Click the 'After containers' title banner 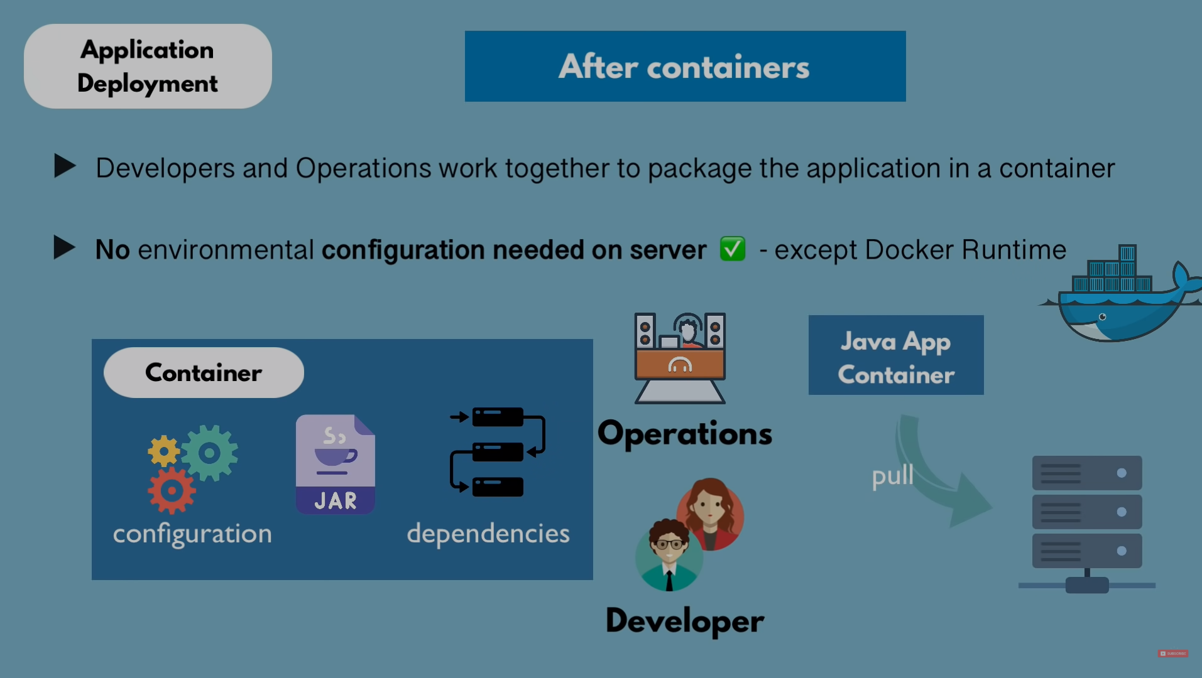point(685,66)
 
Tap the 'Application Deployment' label point(148,66)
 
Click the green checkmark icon point(733,249)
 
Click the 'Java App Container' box point(896,355)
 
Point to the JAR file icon point(336,465)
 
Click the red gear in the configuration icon point(172,490)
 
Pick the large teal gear point(210,453)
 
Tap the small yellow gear point(163,451)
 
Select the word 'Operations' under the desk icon point(685,433)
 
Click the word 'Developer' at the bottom point(685,621)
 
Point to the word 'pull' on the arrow point(892,476)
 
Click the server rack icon point(1087,521)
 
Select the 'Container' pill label point(204,372)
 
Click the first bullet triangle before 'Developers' point(65,166)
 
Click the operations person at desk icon point(680,357)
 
